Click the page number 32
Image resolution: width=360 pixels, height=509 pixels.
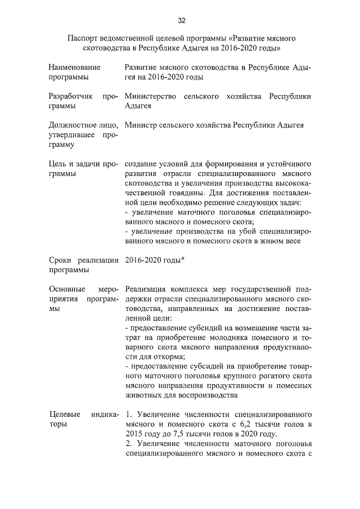click(x=182, y=21)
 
